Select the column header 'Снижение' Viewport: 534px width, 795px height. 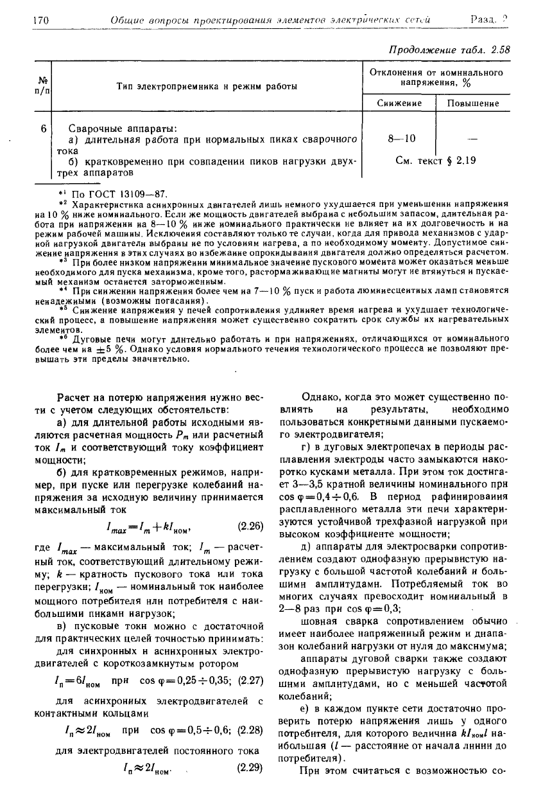[x=399, y=103]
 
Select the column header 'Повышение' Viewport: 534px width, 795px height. [x=473, y=103]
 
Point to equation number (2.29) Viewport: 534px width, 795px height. [x=250, y=766]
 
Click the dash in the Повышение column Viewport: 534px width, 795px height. [x=473, y=138]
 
